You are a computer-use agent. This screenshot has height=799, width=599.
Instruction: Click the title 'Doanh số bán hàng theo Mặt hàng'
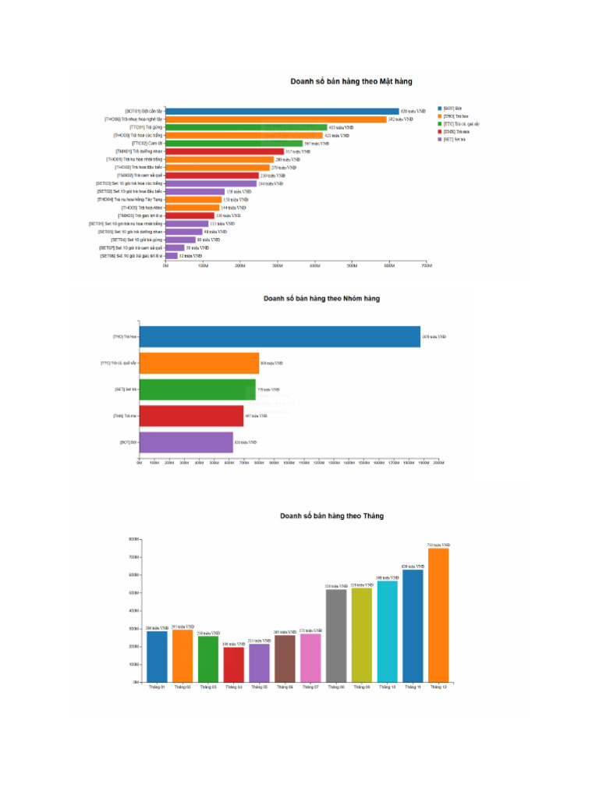click(351, 81)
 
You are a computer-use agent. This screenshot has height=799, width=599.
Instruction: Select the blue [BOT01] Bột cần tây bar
click(282, 112)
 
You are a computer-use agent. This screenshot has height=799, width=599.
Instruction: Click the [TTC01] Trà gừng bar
click(246, 127)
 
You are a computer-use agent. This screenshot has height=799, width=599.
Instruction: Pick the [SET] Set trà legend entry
click(455, 139)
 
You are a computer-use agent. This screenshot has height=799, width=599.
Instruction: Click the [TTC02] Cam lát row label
click(147, 144)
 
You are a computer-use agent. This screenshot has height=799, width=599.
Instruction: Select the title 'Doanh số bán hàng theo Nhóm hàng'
click(321, 298)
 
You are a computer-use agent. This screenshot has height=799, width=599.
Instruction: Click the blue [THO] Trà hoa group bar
click(279, 336)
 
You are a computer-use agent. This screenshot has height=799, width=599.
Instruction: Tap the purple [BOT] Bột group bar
click(186, 442)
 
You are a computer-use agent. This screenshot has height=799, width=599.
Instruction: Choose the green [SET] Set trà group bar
click(197, 389)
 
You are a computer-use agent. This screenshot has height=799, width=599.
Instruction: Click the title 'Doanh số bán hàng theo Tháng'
click(332, 516)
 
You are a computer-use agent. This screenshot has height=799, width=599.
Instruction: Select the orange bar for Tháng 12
click(438, 615)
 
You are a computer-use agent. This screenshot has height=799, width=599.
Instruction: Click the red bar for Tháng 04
click(234, 664)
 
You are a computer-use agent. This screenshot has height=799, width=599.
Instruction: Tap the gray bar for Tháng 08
click(336, 635)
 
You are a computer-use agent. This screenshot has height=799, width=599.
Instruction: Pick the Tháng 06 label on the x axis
click(285, 687)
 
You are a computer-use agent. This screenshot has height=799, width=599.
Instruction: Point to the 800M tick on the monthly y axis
click(133, 538)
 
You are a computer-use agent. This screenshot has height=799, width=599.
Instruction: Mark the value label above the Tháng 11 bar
click(413, 566)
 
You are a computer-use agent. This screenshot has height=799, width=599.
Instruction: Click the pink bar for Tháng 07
click(310, 657)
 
